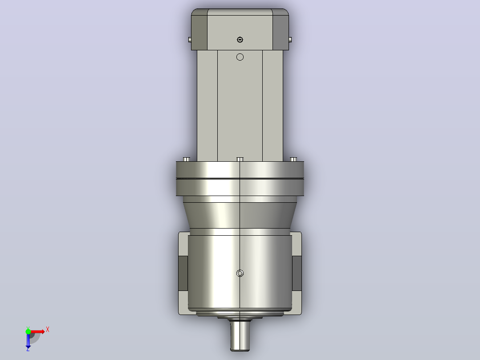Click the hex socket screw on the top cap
pos(240,40)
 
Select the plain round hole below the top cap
pos(240,57)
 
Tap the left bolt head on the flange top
pos(187,160)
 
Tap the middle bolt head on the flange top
pos(240,160)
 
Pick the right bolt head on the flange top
pos(293,160)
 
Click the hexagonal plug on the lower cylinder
pos(240,273)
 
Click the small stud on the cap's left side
pos(190,40)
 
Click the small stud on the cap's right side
pos(290,40)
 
